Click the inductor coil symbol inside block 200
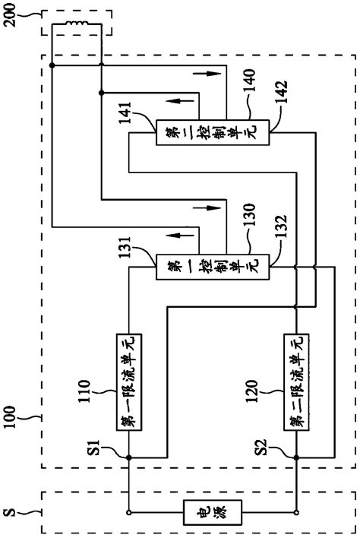pos(76,28)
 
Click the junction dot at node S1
pos(128,457)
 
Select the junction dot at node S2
pos(295,457)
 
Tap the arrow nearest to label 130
pos(214,207)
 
